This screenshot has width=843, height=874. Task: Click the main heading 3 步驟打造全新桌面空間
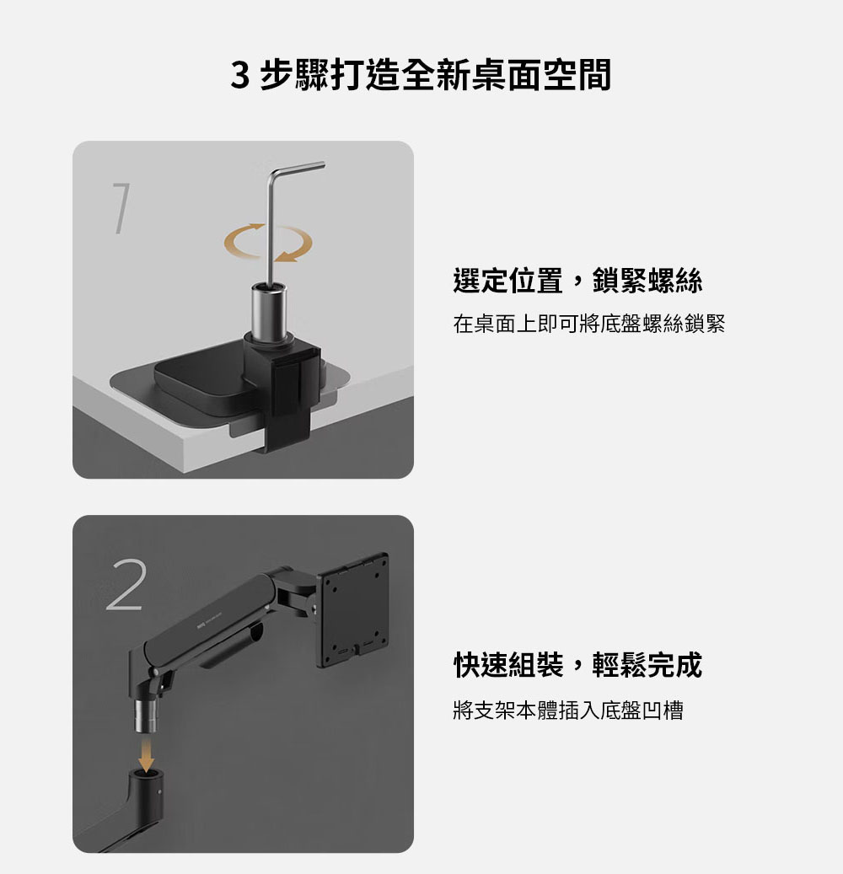tap(421, 75)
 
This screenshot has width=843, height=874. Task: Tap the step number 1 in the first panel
tap(122, 208)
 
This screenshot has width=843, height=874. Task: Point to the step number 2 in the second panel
tap(126, 585)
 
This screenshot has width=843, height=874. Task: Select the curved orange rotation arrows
tap(268, 243)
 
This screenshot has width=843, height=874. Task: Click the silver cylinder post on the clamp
tap(269, 311)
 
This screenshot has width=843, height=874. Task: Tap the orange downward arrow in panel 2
tap(146, 753)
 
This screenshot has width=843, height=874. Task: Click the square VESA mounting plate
tap(352, 610)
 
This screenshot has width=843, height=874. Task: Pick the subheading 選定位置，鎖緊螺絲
tap(577, 281)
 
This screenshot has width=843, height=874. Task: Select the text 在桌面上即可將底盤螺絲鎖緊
tap(588, 324)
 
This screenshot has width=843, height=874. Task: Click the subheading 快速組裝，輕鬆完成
tap(577, 664)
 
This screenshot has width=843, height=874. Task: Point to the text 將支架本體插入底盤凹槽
tap(568, 710)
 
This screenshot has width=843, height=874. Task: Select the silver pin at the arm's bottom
tap(146, 716)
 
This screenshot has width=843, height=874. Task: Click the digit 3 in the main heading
tap(239, 75)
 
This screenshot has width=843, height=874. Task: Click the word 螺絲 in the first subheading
tap(674, 281)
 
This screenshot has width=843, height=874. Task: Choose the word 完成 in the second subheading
tap(674, 664)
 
